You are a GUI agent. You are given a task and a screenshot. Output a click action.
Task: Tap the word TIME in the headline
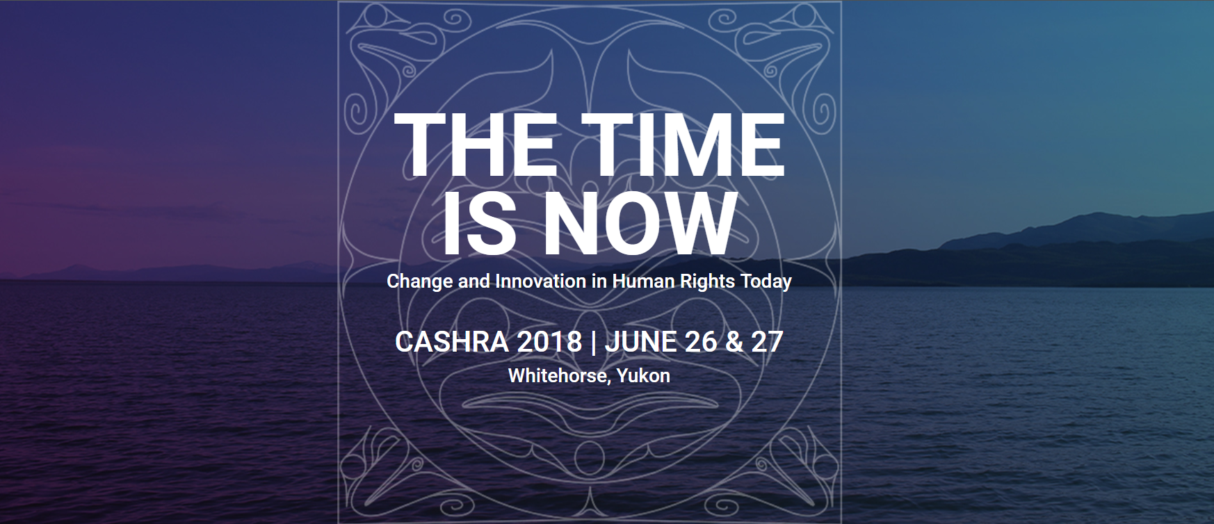pos(683,146)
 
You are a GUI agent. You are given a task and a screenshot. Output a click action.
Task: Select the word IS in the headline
pos(480,224)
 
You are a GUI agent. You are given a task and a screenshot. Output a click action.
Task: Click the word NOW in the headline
pos(640,224)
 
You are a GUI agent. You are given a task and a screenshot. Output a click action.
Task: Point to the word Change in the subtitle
pos(419,281)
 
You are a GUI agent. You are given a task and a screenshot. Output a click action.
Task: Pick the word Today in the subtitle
pos(766,281)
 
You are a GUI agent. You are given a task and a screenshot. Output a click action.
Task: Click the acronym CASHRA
pos(452,342)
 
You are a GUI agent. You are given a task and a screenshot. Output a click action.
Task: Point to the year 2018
pos(549,342)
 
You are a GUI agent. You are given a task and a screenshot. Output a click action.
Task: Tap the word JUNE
pos(640,342)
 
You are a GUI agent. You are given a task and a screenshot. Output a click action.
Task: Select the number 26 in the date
pos(701,342)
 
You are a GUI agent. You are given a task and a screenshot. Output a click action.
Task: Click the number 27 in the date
pos(768,342)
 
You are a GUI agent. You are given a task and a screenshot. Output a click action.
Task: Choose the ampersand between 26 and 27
pos(734,342)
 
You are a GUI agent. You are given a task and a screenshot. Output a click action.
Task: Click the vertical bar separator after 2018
pos(593,343)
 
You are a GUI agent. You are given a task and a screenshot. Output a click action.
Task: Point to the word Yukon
pos(643,376)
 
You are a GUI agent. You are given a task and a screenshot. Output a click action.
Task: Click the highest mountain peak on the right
pos(1097,213)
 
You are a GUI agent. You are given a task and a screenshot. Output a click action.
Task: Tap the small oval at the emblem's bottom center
pos(589,458)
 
